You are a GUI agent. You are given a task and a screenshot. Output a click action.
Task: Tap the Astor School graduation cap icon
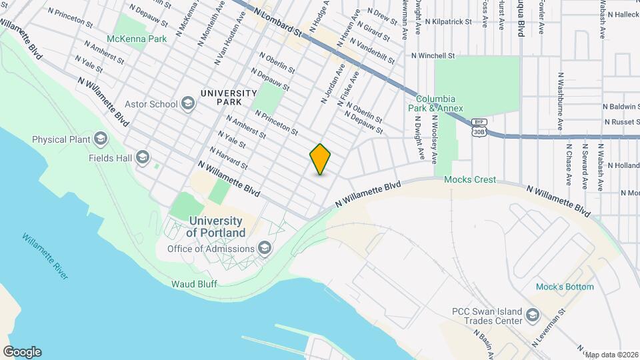click(x=188, y=103)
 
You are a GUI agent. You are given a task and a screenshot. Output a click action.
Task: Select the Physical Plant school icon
click(x=101, y=139)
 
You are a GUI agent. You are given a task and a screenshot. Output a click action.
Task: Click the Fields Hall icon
click(x=142, y=158)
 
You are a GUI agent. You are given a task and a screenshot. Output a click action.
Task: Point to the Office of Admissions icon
click(x=265, y=249)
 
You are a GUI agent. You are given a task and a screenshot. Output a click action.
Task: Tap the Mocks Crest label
click(x=470, y=179)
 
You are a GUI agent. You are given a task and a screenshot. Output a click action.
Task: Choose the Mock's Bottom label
click(x=565, y=287)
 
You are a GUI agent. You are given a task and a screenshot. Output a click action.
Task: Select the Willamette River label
click(x=45, y=256)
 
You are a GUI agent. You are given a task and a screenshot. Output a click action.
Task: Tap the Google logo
click(x=22, y=351)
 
